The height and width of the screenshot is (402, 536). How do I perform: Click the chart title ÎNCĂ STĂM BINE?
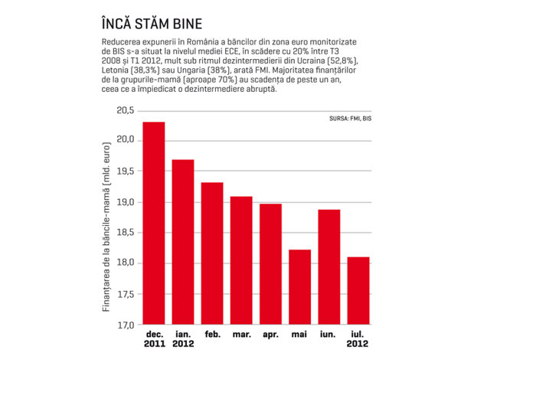(152, 24)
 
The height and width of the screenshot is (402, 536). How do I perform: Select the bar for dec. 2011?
(154, 223)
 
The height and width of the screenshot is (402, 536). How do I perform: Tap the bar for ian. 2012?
(183, 242)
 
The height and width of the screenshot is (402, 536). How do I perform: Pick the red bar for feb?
(212, 253)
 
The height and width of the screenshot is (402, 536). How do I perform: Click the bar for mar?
(241, 260)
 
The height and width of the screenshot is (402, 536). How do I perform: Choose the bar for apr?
(271, 264)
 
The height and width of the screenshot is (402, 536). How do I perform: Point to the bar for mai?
(300, 287)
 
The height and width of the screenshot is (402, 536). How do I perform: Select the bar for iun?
(329, 266)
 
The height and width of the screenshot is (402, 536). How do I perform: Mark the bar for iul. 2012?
(358, 290)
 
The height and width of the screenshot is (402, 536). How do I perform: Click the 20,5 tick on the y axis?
(126, 110)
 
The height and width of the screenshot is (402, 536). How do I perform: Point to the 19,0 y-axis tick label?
(126, 202)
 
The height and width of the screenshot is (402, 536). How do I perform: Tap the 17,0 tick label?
(126, 325)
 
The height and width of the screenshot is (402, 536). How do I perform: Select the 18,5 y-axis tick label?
(126, 233)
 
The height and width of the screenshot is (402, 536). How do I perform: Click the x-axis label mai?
(299, 335)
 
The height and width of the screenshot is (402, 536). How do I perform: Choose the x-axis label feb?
(212, 334)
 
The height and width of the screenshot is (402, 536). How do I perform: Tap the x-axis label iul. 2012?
(358, 338)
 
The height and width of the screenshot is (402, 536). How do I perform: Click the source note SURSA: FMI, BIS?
(351, 119)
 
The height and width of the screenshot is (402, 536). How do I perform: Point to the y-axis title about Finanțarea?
(106, 227)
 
